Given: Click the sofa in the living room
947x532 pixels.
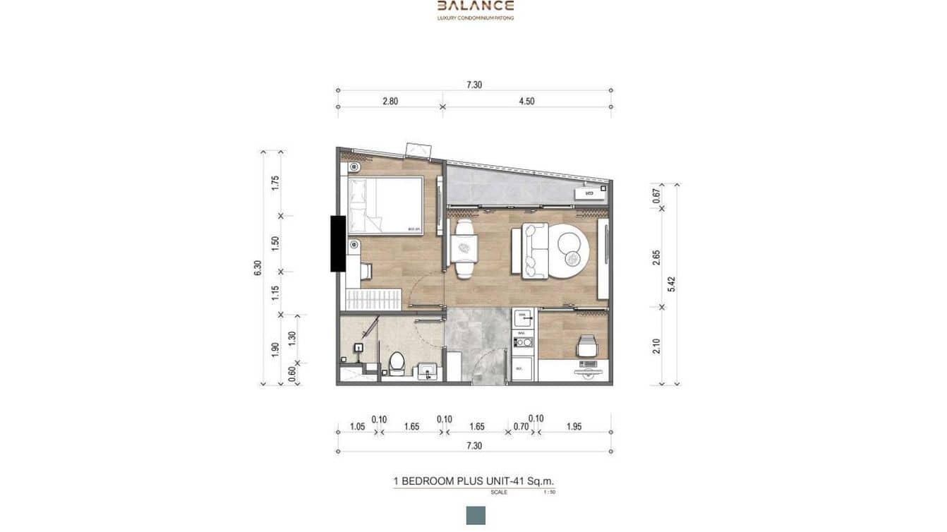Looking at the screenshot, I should point(533,251).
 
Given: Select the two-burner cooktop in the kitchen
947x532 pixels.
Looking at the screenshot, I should point(523,343).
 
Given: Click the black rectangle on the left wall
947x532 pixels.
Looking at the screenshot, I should point(337,243).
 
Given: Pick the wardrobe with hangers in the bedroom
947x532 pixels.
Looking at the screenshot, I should point(373,298).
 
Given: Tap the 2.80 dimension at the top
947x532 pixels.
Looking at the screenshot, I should point(390,101).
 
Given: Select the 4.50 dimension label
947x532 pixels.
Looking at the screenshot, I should point(526,101).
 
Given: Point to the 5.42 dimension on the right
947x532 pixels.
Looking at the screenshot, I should point(672,284).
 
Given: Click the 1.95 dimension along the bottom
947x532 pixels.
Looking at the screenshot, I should point(574,427).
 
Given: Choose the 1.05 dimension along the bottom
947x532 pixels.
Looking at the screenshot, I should point(357,427).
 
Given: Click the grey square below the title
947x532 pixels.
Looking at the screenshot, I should point(476,515).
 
